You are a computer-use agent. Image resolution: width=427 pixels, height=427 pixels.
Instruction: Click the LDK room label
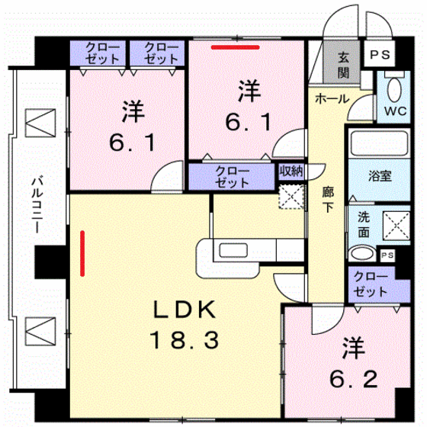(187, 310)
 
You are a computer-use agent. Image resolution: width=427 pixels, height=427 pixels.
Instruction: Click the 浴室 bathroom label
(380, 176)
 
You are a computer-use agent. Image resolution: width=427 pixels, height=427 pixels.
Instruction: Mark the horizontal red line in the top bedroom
(236, 47)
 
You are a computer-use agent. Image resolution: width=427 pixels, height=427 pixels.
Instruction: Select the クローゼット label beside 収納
(231, 177)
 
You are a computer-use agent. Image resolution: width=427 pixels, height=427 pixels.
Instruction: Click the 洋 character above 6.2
(352, 349)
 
